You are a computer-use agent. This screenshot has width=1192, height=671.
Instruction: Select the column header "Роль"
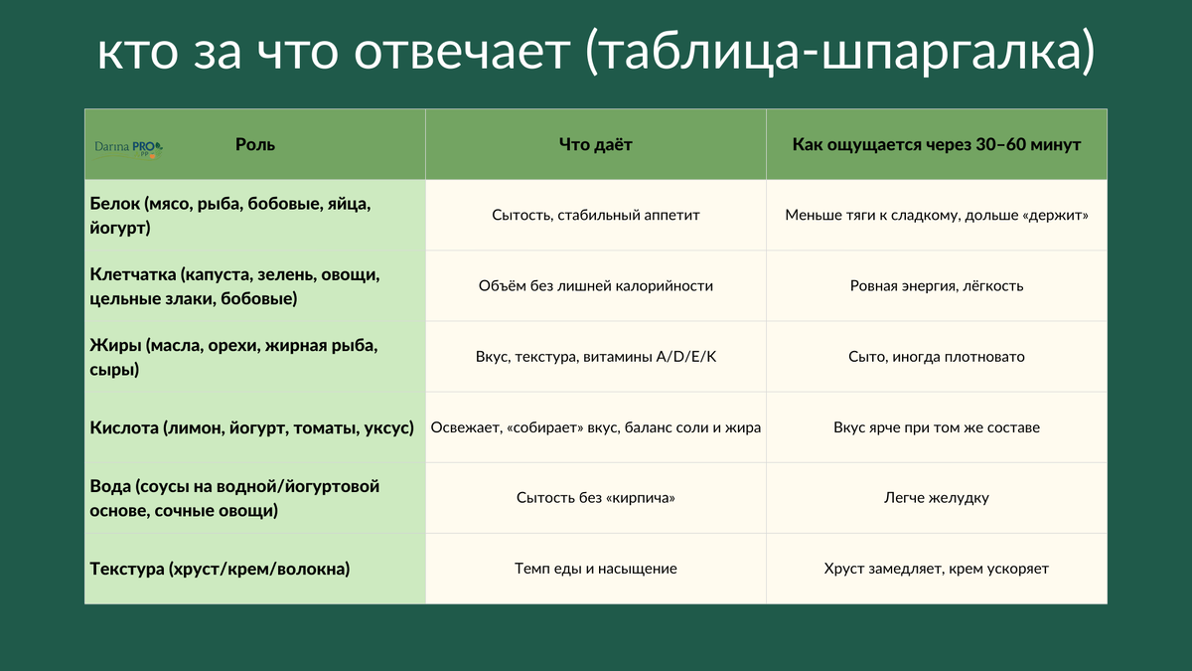[255, 144]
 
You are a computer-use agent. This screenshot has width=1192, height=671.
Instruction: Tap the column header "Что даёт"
[596, 144]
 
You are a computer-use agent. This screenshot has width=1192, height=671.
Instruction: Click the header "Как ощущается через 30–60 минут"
[936, 144]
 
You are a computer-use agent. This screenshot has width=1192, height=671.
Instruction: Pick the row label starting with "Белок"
[229, 215]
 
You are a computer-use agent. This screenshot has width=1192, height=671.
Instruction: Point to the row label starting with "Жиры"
[233, 356]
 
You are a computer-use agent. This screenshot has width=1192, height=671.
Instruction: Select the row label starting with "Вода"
[234, 498]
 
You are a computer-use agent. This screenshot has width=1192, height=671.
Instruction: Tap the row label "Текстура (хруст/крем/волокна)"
[220, 569]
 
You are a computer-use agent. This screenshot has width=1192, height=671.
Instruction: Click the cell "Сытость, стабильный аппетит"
[596, 215]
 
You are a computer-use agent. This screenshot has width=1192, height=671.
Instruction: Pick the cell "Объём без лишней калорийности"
[596, 285]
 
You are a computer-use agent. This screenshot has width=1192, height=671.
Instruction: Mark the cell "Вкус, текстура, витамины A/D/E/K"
[596, 356]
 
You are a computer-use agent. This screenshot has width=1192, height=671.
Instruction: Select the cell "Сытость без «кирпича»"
[596, 498]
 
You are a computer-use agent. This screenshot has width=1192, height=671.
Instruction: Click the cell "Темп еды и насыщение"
[596, 569]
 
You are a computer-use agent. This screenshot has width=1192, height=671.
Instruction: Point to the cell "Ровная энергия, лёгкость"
[936, 285]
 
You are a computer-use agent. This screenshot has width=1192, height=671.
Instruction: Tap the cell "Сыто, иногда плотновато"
[936, 356]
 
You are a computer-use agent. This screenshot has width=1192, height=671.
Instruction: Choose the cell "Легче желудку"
[936, 498]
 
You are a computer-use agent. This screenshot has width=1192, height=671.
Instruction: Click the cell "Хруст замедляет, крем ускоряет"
[936, 569]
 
